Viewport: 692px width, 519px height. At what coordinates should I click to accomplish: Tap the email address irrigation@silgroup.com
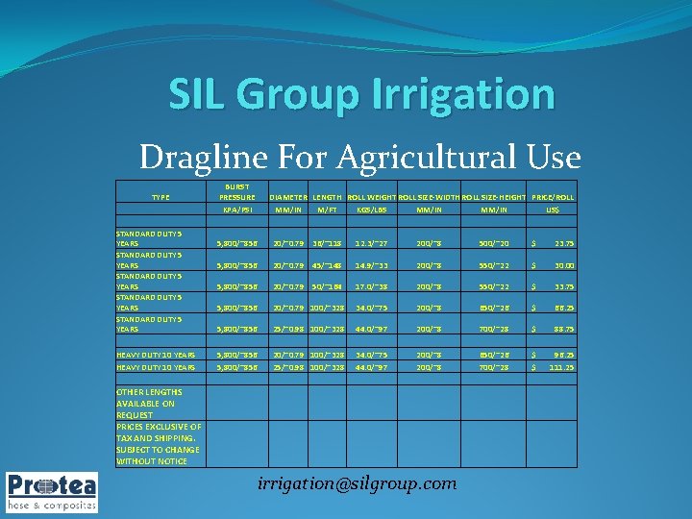(x=358, y=483)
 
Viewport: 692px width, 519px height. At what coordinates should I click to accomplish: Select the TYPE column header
(x=161, y=197)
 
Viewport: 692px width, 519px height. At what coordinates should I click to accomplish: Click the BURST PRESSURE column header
(x=237, y=192)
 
